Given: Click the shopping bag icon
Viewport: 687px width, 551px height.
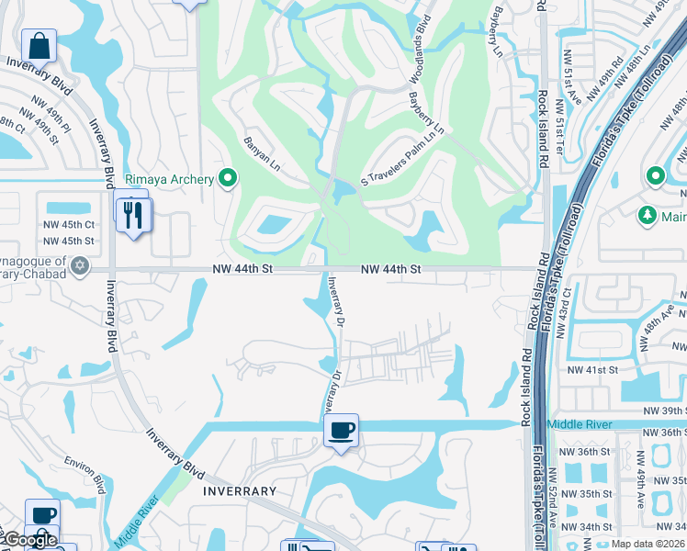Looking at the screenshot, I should (39, 45).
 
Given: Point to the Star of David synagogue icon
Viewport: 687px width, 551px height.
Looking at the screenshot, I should (80, 266).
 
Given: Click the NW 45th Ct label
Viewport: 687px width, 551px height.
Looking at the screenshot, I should (69, 224).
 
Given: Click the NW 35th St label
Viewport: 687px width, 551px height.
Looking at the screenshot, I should (588, 494).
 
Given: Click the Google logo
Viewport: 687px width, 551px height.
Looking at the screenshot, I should (29, 540).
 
